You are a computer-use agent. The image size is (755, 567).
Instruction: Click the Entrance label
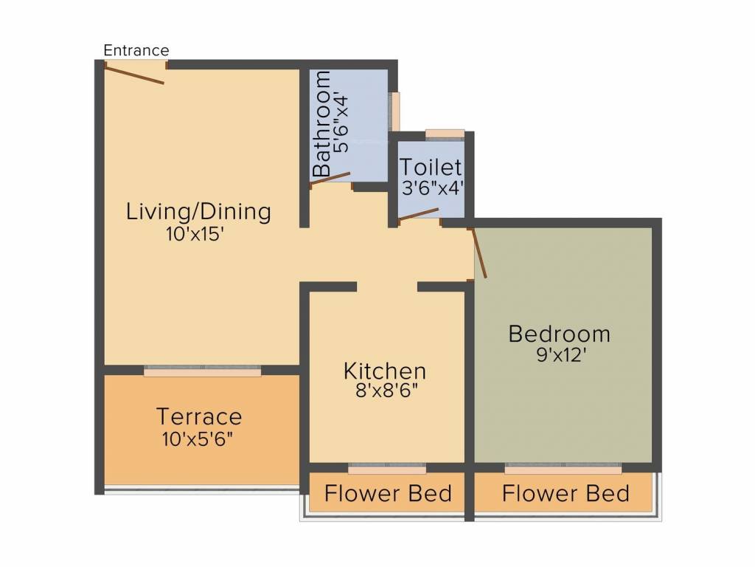pyautogui.click(x=136, y=50)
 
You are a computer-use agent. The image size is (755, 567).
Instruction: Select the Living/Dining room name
pyautogui.click(x=198, y=212)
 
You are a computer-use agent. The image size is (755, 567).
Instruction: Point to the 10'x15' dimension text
pyautogui.click(x=195, y=235)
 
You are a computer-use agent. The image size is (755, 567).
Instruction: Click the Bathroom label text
pyautogui.click(x=321, y=124)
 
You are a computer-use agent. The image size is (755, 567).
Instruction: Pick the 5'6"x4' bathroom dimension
pyautogui.click(x=341, y=122)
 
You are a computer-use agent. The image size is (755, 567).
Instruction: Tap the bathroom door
pyautogui.click(x=330, y=179)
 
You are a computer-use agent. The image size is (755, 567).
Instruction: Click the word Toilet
pyautogui.click(x=431, y=167)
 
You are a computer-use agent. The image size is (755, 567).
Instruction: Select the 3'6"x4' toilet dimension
pyautogui.click(x=431, y=188)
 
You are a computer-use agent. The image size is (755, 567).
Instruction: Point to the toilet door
pyautogui.click(x=418, y=213)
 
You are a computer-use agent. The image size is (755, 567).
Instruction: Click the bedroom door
pyautogui.click(x=479, y=253)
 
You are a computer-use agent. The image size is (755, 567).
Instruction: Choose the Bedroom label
pyautogui.click(x=560, y=334)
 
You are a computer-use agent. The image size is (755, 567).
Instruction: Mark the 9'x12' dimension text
pyautogui.click(x=561, y=355)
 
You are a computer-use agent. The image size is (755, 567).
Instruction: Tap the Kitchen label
pyautogui.click(x=385, y=371)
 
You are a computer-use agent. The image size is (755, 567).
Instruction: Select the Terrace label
pyautogui.click(x=199, y=416)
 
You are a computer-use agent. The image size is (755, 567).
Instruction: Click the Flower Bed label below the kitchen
pyautogui.click(x=388, y=493)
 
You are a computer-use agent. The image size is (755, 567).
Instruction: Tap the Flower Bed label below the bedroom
pyautogui.click(x=566, y=493)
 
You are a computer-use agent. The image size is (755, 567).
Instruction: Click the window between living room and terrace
pyautogui.click(x=202, y=372)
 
